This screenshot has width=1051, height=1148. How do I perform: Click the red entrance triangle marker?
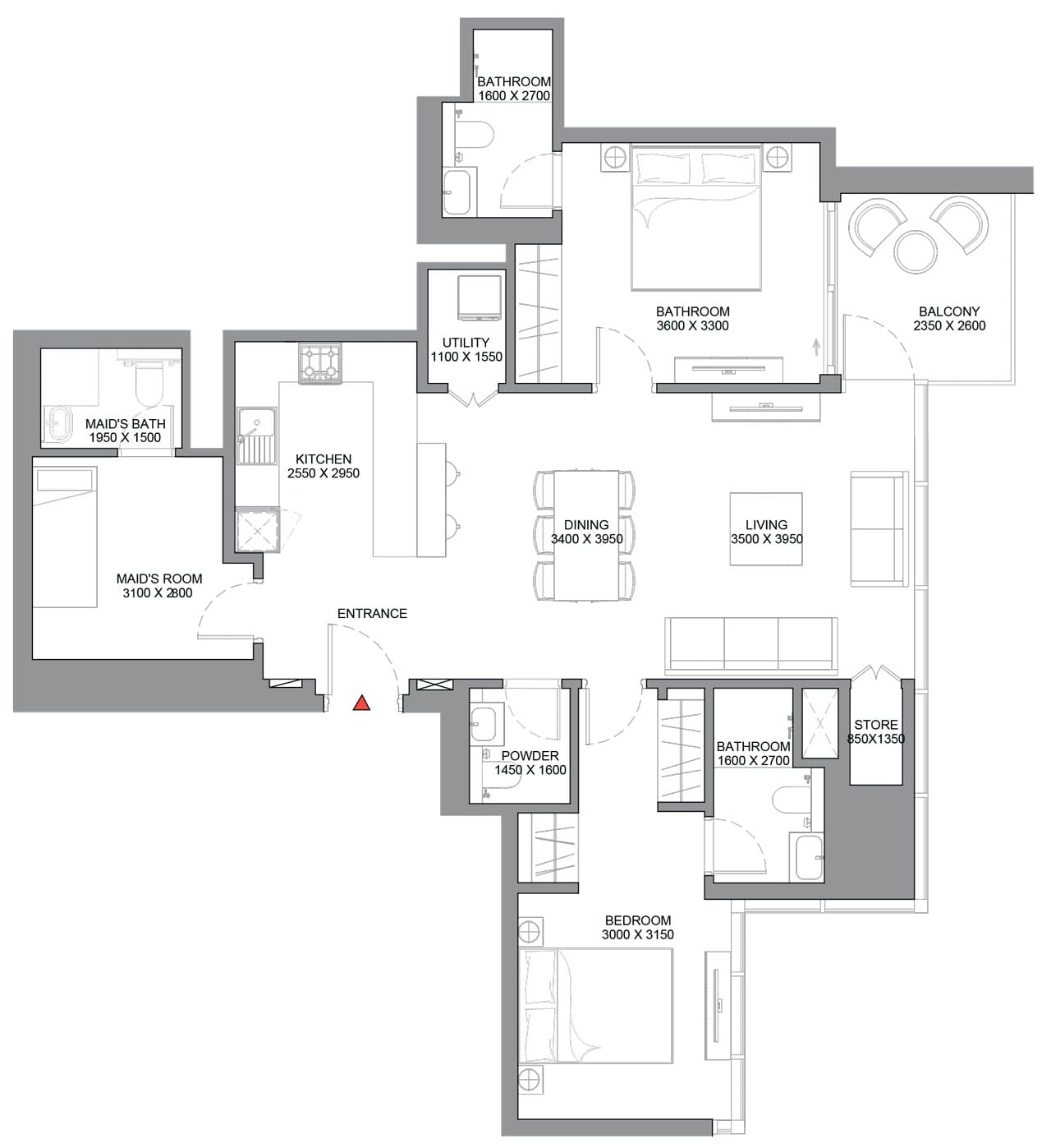(361, 703)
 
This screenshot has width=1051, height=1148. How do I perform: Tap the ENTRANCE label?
(372, 614)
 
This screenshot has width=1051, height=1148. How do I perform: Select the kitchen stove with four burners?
(319, 363)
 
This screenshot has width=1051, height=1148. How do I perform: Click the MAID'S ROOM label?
(158, 579)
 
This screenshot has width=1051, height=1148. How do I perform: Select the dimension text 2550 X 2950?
(323, 473)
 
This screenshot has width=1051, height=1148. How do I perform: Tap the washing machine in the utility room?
(479, 297)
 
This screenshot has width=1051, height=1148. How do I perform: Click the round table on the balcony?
(916, 251)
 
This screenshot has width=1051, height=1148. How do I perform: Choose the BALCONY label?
(949, 311)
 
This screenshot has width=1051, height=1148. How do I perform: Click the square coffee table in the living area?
(766, 529)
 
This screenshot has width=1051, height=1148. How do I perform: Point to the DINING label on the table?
(586, 525)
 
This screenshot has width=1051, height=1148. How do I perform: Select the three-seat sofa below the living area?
(750, 643)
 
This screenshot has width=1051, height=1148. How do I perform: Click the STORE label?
(876, 725)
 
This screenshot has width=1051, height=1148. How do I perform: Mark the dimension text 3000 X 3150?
(637, 934)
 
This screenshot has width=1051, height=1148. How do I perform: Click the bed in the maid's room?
(65, 537)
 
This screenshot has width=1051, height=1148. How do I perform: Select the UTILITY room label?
(466, 343)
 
